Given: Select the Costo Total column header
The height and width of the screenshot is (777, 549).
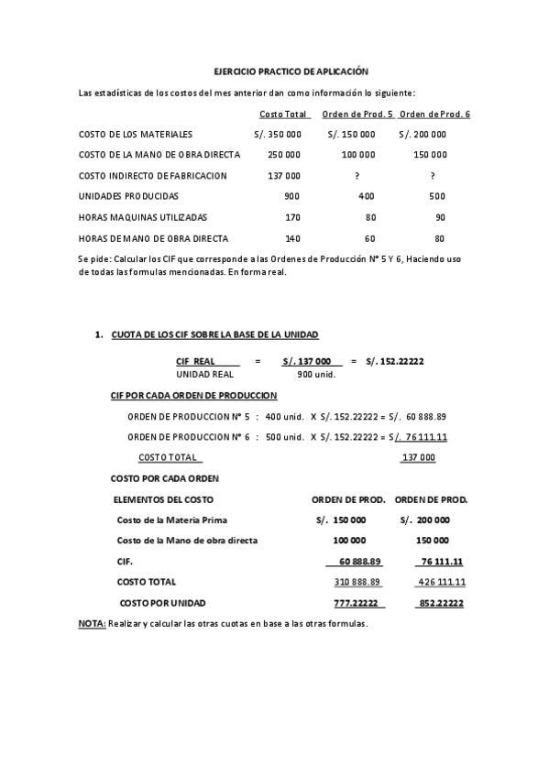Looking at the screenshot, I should coord(283,114).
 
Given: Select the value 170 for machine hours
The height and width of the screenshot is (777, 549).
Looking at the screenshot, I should coord(292,217).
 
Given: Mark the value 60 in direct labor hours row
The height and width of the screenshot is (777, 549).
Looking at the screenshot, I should coord(370,238).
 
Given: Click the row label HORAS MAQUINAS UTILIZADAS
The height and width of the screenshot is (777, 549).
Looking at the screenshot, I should coord(143,217).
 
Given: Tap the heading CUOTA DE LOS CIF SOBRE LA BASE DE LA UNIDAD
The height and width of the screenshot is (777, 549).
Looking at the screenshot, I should coord(214,335).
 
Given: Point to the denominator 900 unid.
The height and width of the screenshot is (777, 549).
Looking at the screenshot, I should coord(317,374).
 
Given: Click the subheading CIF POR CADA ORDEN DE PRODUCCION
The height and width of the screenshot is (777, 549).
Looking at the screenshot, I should coord(193,395).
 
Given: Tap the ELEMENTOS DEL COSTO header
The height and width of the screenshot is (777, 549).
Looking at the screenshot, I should coord(163,499).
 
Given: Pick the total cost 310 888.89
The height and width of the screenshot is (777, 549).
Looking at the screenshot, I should coord(357,582).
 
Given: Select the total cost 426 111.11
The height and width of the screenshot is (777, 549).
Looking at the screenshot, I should coord(441,582).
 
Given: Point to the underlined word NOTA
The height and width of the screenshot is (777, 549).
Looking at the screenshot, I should coord(92,623).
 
